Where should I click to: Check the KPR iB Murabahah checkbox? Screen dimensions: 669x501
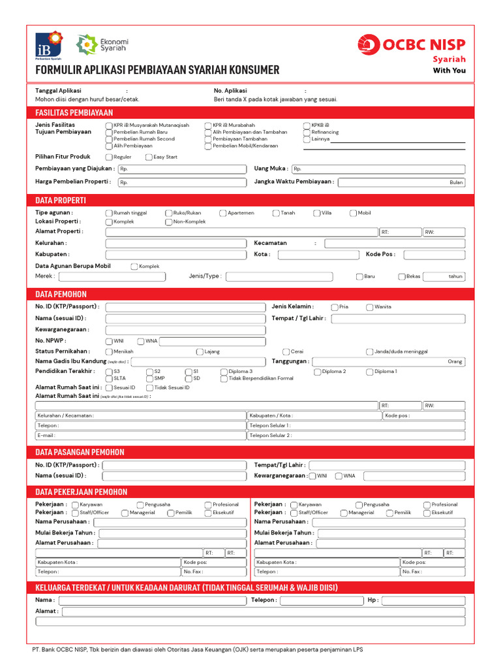click(208, 125)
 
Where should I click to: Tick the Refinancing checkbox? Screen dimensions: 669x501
click(307, 132)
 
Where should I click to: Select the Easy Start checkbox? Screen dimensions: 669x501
click(149, 157)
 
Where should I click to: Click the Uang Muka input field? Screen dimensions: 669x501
click(378, 169)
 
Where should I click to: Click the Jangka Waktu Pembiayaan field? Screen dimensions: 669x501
click(401, 182)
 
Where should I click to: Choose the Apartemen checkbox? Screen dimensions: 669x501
click(223, 213)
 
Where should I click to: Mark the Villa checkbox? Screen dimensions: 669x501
click(317, 213)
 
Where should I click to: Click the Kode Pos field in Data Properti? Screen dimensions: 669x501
click(434, 255)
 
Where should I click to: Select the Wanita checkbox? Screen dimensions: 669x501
click(370, 307)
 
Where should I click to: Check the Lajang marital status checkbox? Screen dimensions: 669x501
click(200, 351)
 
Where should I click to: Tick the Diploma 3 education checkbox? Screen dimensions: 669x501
click(224, 371)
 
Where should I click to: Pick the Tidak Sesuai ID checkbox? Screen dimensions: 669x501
click(149, 388)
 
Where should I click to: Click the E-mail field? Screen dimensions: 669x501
click(140, 435)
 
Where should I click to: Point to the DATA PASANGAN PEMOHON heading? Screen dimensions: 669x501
click(80, 452)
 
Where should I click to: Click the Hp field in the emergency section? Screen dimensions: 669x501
click(423, 600)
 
